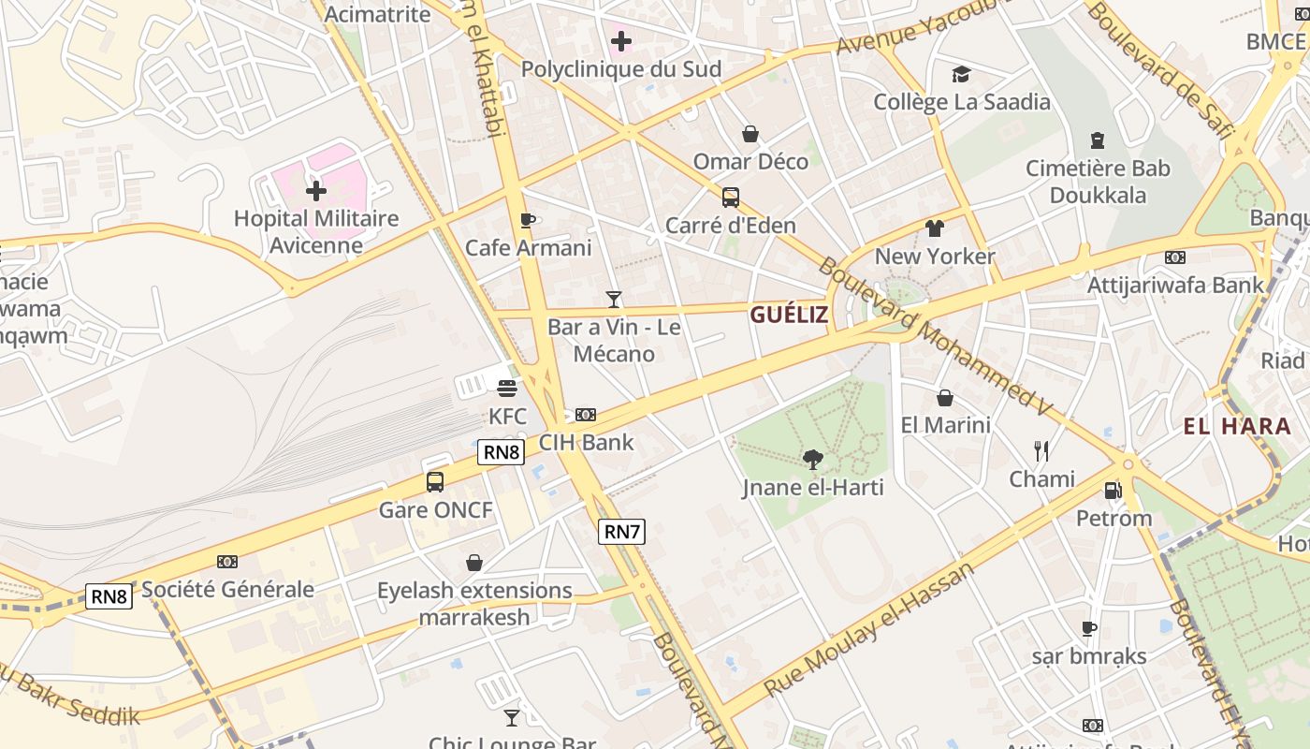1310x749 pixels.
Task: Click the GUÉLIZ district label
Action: point(789,315)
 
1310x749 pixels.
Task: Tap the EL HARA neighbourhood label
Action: point(1237,427)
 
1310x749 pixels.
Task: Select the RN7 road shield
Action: point(621,532)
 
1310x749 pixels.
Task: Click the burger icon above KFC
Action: point(507,389)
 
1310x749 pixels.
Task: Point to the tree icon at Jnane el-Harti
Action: point(813,460)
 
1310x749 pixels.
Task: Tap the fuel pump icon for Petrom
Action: point(1113,490)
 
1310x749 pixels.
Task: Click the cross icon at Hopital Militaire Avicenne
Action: point(316,191)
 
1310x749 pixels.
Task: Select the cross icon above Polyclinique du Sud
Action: point(620,41)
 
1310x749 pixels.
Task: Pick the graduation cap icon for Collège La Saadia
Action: point(961,74)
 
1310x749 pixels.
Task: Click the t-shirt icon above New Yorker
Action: point(935,228)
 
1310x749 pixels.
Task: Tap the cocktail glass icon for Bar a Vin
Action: point(614,300)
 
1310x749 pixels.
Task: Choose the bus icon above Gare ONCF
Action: point(435,482)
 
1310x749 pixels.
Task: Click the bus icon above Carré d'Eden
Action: point(731,198)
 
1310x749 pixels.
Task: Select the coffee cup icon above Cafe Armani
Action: point(528,221)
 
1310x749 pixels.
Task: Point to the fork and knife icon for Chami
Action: point(1041,451)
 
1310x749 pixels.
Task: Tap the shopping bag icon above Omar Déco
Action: point(750,134)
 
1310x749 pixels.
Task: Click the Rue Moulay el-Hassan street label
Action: point(869,628)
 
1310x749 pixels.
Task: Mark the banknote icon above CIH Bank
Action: point(586,414)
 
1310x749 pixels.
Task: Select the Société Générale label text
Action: point(227,590)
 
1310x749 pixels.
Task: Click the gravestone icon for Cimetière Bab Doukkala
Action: point(1098,140)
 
